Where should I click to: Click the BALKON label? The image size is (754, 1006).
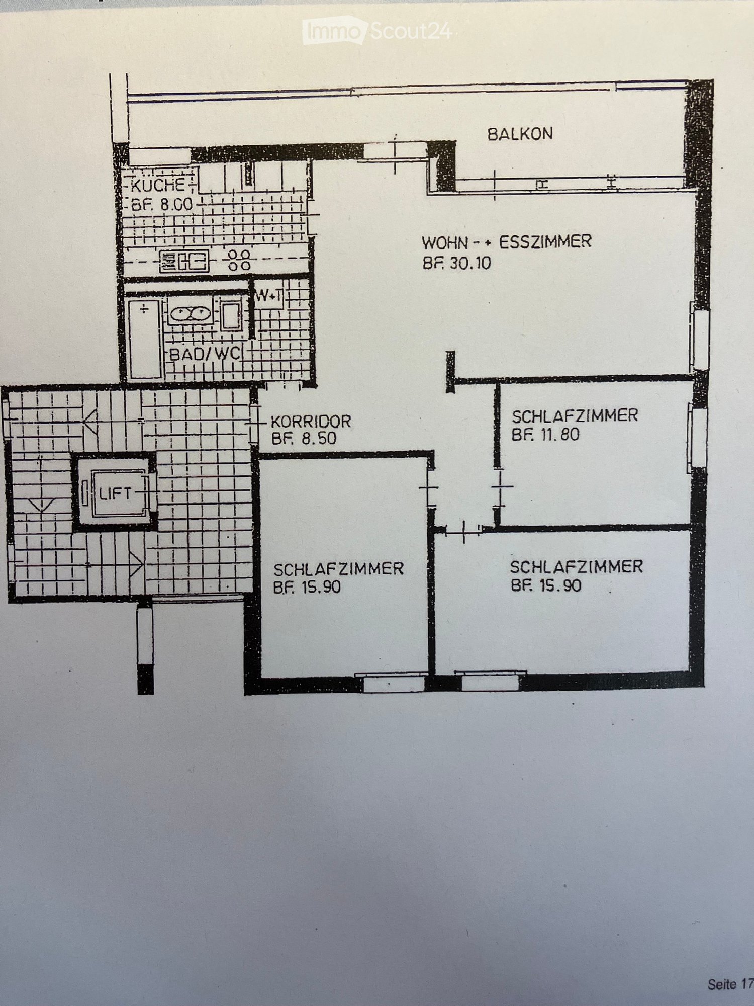[520, 134]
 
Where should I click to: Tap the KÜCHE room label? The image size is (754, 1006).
[158, 186]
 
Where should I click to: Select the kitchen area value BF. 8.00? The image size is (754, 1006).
[161, 205]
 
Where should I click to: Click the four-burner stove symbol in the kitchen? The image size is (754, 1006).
[239, 261]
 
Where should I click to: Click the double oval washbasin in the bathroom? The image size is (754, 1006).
[191, 314]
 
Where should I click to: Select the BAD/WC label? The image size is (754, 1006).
[204, 354]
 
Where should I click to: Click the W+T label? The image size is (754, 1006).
[269, 296]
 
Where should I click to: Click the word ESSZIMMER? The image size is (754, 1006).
[545, 242]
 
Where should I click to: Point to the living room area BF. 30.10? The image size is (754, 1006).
[456, 263]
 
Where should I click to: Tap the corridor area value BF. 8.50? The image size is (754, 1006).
[304, 438]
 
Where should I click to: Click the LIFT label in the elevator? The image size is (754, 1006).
[115, 493]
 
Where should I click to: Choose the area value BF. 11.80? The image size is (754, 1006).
[545, 434]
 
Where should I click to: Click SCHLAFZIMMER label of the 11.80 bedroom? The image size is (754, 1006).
[575, 415]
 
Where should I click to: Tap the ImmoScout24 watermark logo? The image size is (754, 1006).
[377, 31]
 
